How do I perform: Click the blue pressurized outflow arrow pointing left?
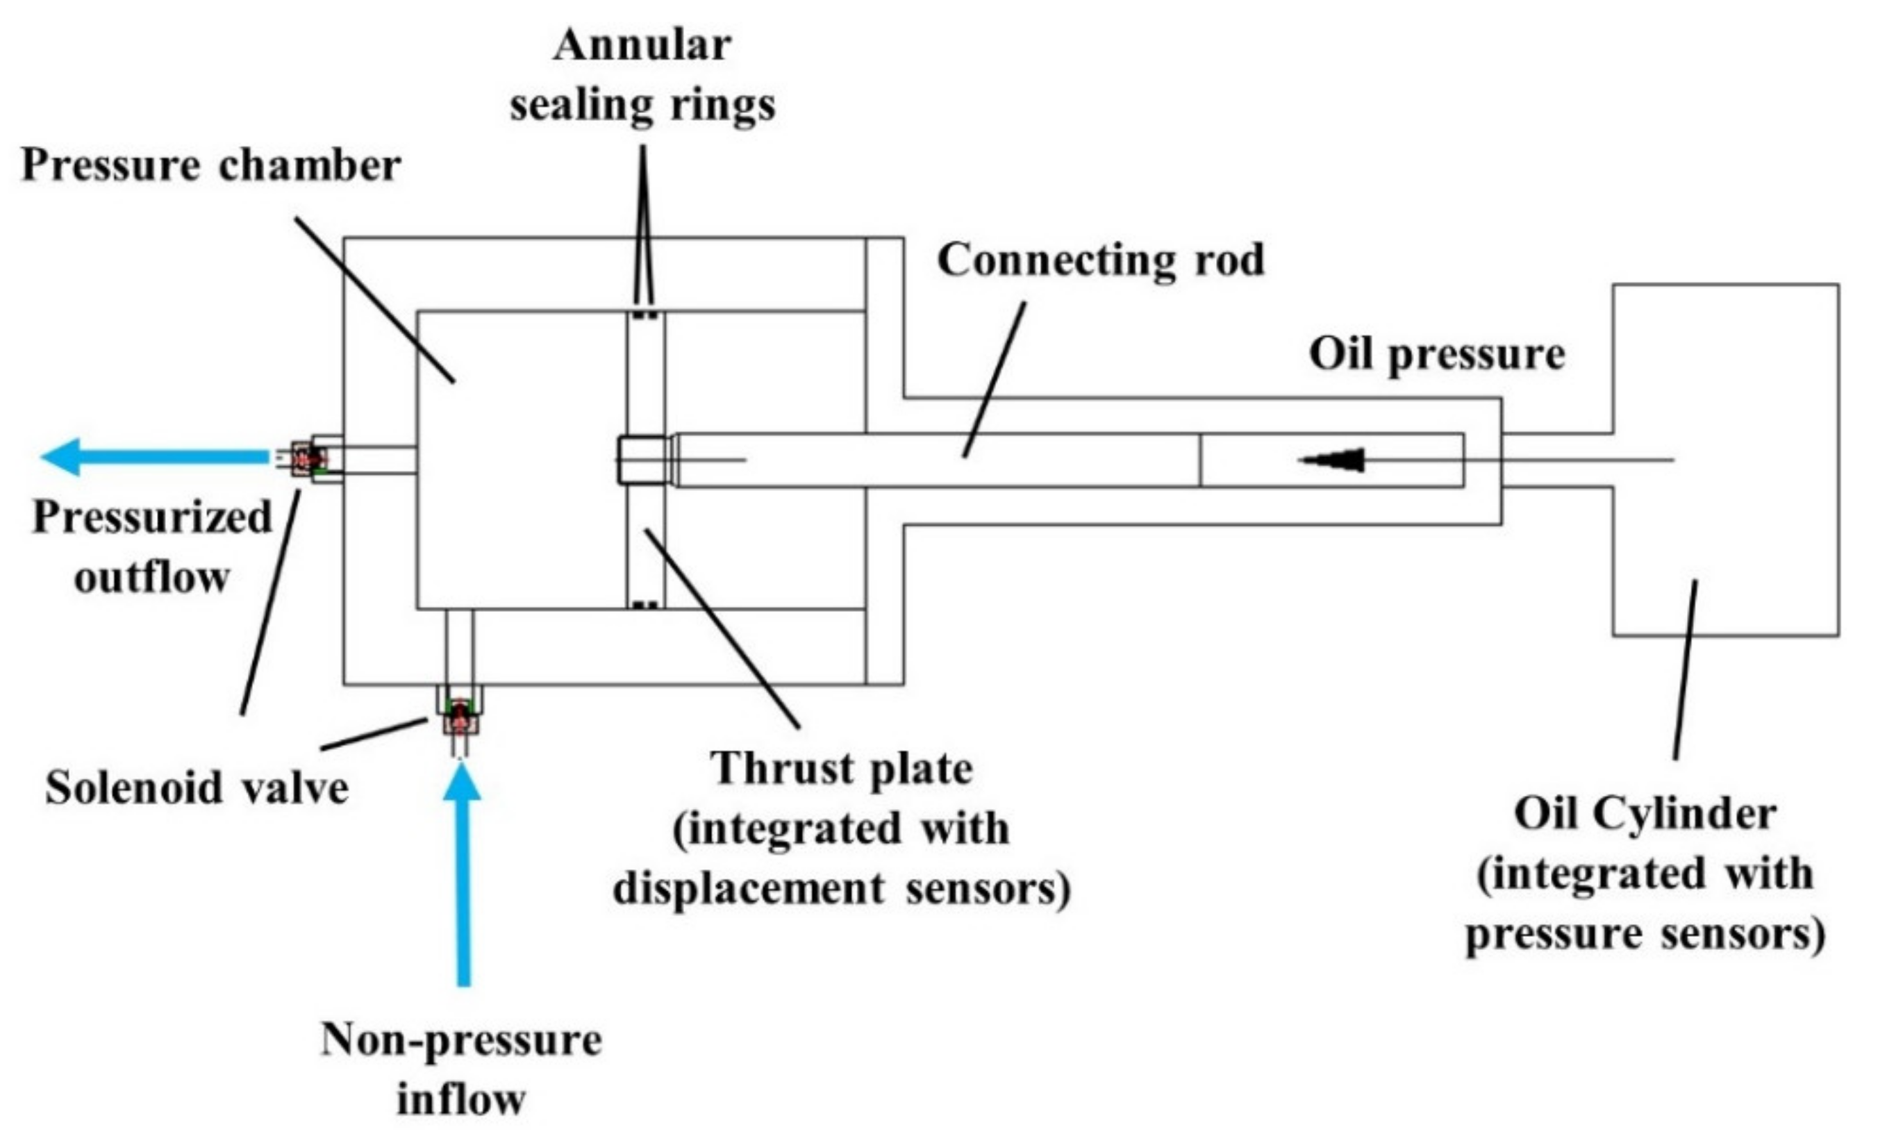(153, 457)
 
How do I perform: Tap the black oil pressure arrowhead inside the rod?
(1333, 460)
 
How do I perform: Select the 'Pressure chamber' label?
(211, 166)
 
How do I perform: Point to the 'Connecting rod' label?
(1101, 260)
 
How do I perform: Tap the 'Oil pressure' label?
(1437, 353)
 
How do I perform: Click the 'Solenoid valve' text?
(197, 787)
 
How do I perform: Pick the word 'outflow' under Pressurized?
(152, 577)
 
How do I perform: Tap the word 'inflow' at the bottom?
(461, 1099)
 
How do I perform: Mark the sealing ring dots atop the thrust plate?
(646, 315)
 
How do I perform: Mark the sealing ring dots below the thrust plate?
(646, 606)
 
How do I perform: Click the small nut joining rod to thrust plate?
(642, 460)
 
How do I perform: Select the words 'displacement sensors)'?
(840, 889)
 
